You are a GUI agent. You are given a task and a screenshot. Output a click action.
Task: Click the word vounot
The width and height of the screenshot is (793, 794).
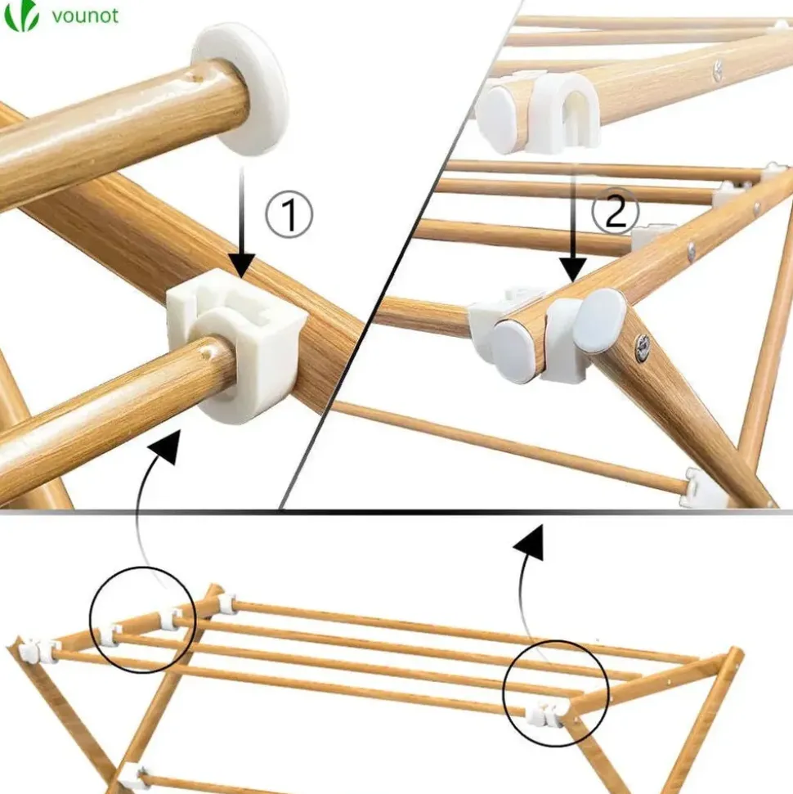(85, 16)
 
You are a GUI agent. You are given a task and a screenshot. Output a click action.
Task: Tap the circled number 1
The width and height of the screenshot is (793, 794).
(289, 214)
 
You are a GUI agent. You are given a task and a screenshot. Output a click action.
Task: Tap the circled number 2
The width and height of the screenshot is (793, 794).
(616, 212)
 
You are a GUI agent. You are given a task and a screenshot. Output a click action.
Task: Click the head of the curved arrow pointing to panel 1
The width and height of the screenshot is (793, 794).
(166, 446)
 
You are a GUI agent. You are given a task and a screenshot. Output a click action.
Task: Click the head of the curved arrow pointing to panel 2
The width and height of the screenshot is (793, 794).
(530, 542)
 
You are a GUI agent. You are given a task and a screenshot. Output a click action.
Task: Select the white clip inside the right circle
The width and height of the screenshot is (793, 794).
(544, 715)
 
